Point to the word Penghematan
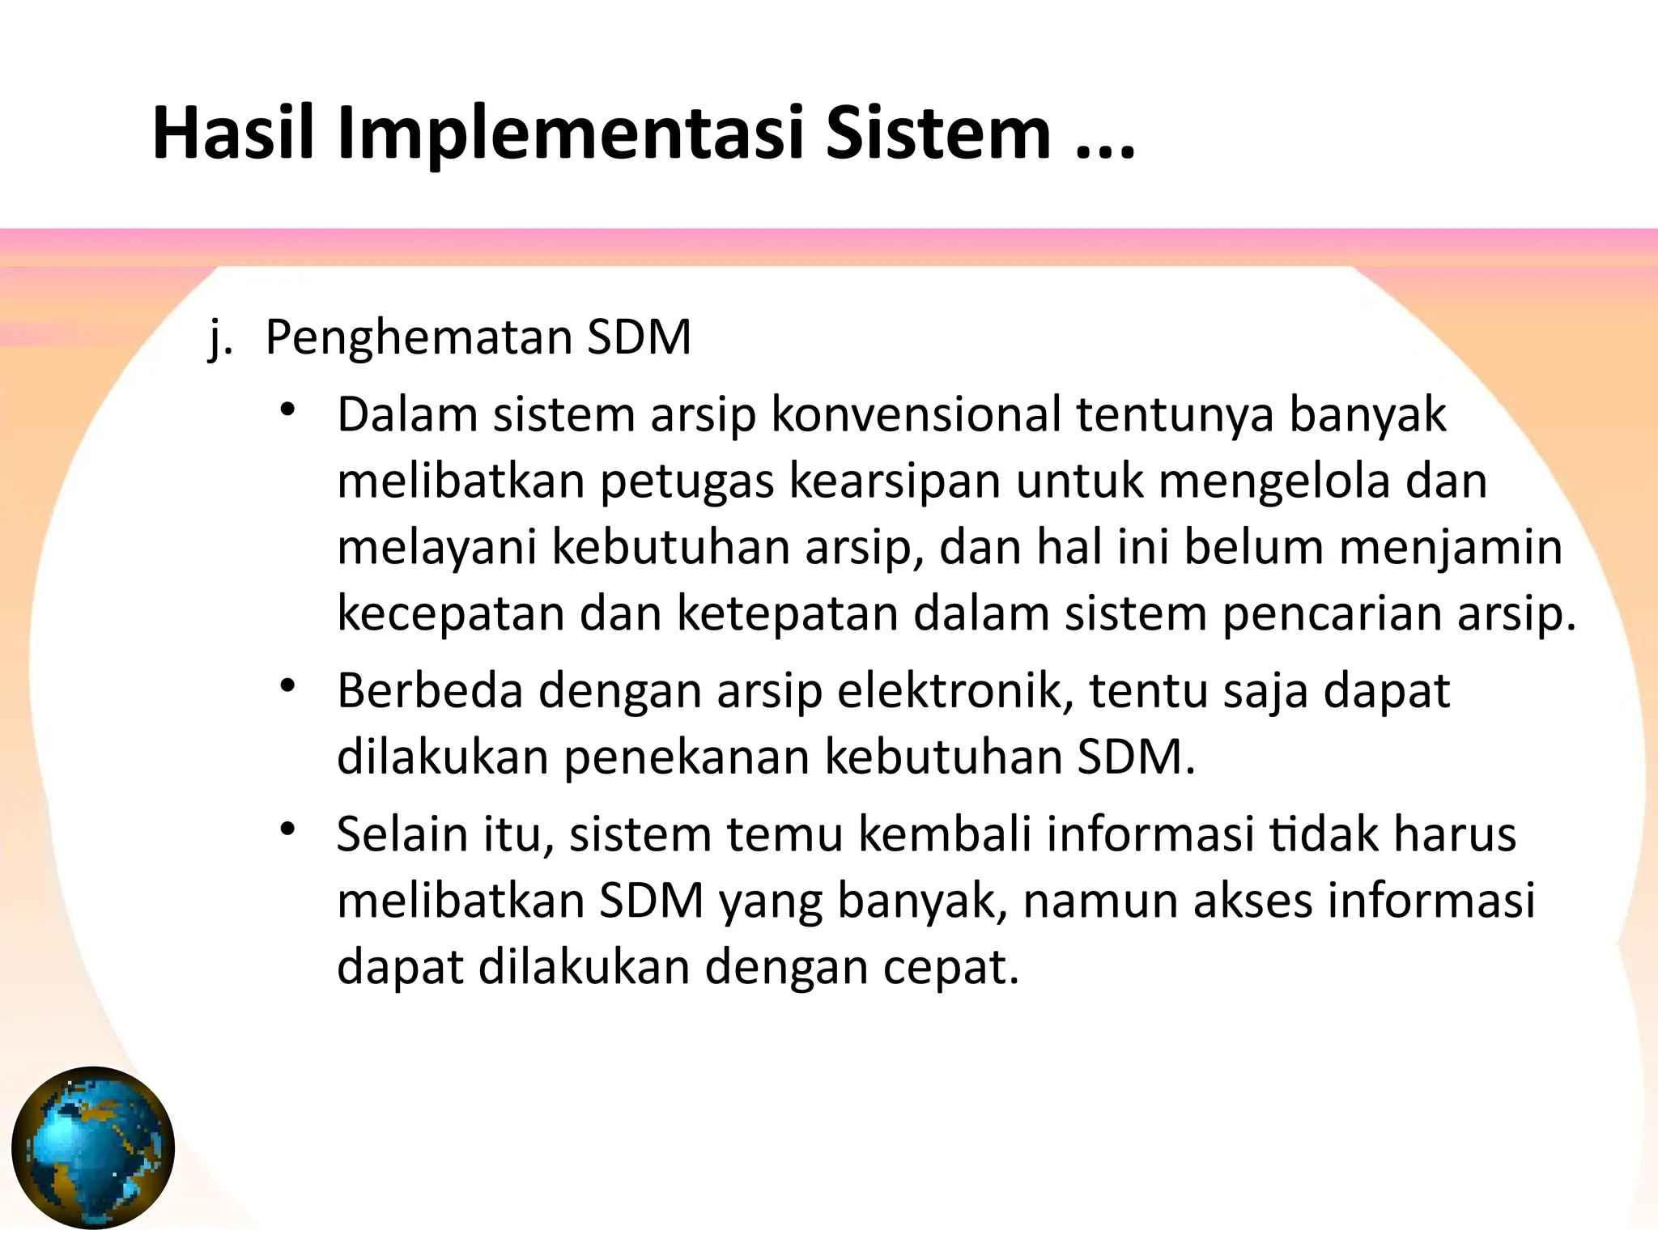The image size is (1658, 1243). click(417, 338)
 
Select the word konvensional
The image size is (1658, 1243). click(915, 414)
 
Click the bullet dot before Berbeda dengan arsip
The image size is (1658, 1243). click(287, 686)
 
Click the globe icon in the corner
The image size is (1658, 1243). click(93, 1148)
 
